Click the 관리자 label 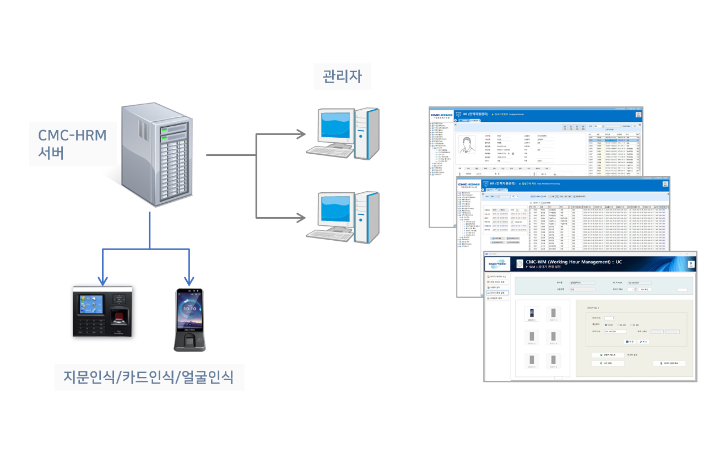click(342, 75)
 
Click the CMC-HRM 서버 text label click(72, 144)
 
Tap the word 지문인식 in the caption click(90, 377)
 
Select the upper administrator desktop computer click(343, 134)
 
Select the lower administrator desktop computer click(343, 217)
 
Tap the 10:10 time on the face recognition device click(190, 309)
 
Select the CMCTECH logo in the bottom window click(499, 264)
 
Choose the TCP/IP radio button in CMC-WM click(607, 325)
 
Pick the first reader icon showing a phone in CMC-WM click(531, 313)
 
